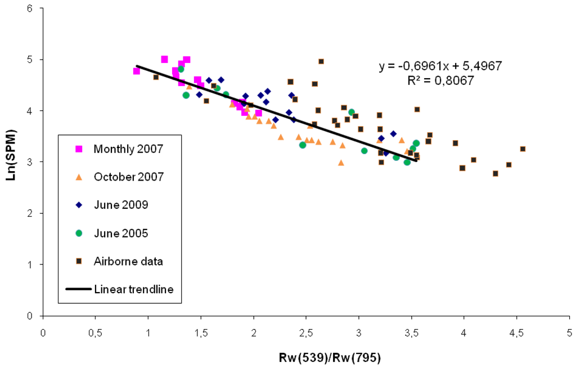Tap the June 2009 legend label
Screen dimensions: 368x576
121,205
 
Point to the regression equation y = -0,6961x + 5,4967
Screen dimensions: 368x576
440,66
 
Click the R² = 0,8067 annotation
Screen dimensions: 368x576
440,80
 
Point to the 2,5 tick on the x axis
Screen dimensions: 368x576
306,332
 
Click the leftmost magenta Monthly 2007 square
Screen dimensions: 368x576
137,71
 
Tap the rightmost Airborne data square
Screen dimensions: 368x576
523,149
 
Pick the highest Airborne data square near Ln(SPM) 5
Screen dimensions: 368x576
321,61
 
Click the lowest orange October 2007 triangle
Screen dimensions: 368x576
341,163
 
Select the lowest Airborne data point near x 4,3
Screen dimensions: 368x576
496,173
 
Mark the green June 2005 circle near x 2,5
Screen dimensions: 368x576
303,145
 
